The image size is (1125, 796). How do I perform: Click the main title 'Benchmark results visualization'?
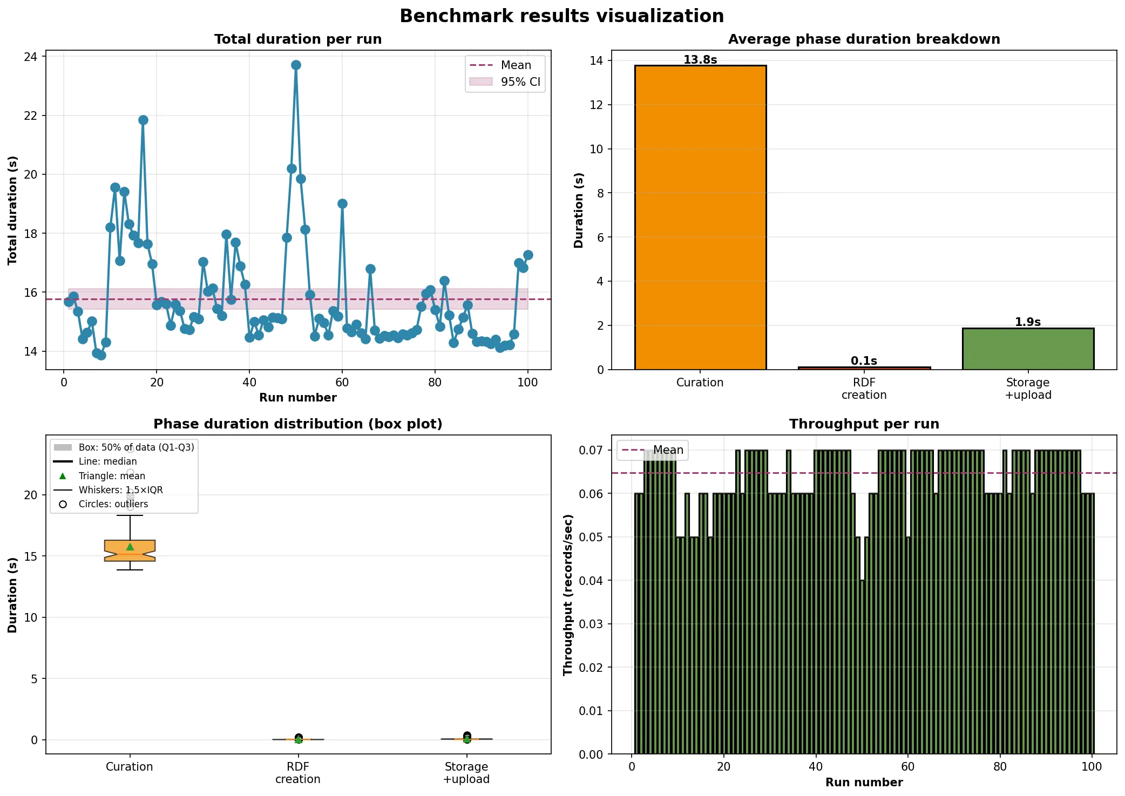(x=561, y=16)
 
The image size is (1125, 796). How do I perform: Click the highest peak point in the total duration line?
(x=296, y=65)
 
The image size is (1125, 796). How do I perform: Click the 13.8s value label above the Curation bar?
(x=700, y=60)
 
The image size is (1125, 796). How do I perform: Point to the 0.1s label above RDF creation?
(x=864, y=360)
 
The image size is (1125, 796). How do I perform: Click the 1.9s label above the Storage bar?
(x=1028, y=322)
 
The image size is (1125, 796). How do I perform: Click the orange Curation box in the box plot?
(x=130, y=550)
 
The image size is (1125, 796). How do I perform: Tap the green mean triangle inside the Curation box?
(x=130, y=547)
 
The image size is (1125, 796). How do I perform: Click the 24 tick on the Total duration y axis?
(x=31, y=57)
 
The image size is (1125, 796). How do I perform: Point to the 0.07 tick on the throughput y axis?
(x=591, y=450)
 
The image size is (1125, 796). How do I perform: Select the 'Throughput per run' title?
(x=864, y=424)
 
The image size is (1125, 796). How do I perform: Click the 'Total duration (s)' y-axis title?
(x=12, y=210)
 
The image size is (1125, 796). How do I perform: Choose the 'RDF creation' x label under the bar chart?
(x=864, y=389)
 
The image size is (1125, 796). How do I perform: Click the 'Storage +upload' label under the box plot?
(x=466, y=773)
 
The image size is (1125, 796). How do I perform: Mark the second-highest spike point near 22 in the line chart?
(x=143, y=120)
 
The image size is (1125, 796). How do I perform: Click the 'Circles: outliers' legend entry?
(x=113, y=504)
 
